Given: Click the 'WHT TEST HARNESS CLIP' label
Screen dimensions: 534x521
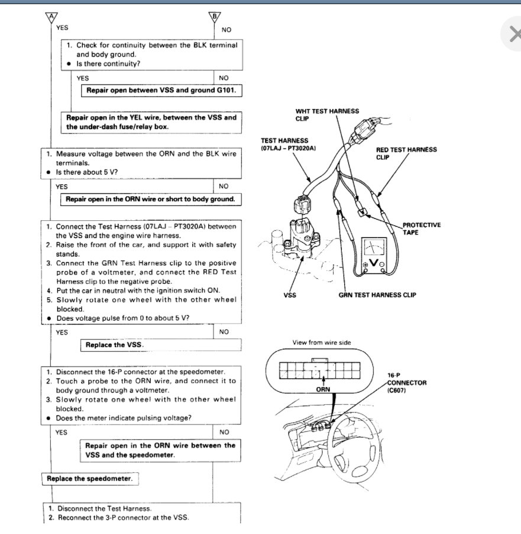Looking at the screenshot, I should click(327, 115).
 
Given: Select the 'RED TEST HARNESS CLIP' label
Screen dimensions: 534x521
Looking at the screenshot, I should click(406, 153).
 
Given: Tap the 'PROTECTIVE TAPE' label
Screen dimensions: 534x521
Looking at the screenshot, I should click(421, 229).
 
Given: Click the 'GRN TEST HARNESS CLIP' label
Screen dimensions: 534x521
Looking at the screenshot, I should click(377, 295).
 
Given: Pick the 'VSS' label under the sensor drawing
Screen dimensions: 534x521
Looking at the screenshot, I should click(290, 295).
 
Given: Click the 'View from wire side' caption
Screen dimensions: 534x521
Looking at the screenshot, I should click(318, 343).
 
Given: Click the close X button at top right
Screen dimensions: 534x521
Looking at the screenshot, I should click(514, 35).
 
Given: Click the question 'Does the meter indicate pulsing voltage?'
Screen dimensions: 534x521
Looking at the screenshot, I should click(127, 417).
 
